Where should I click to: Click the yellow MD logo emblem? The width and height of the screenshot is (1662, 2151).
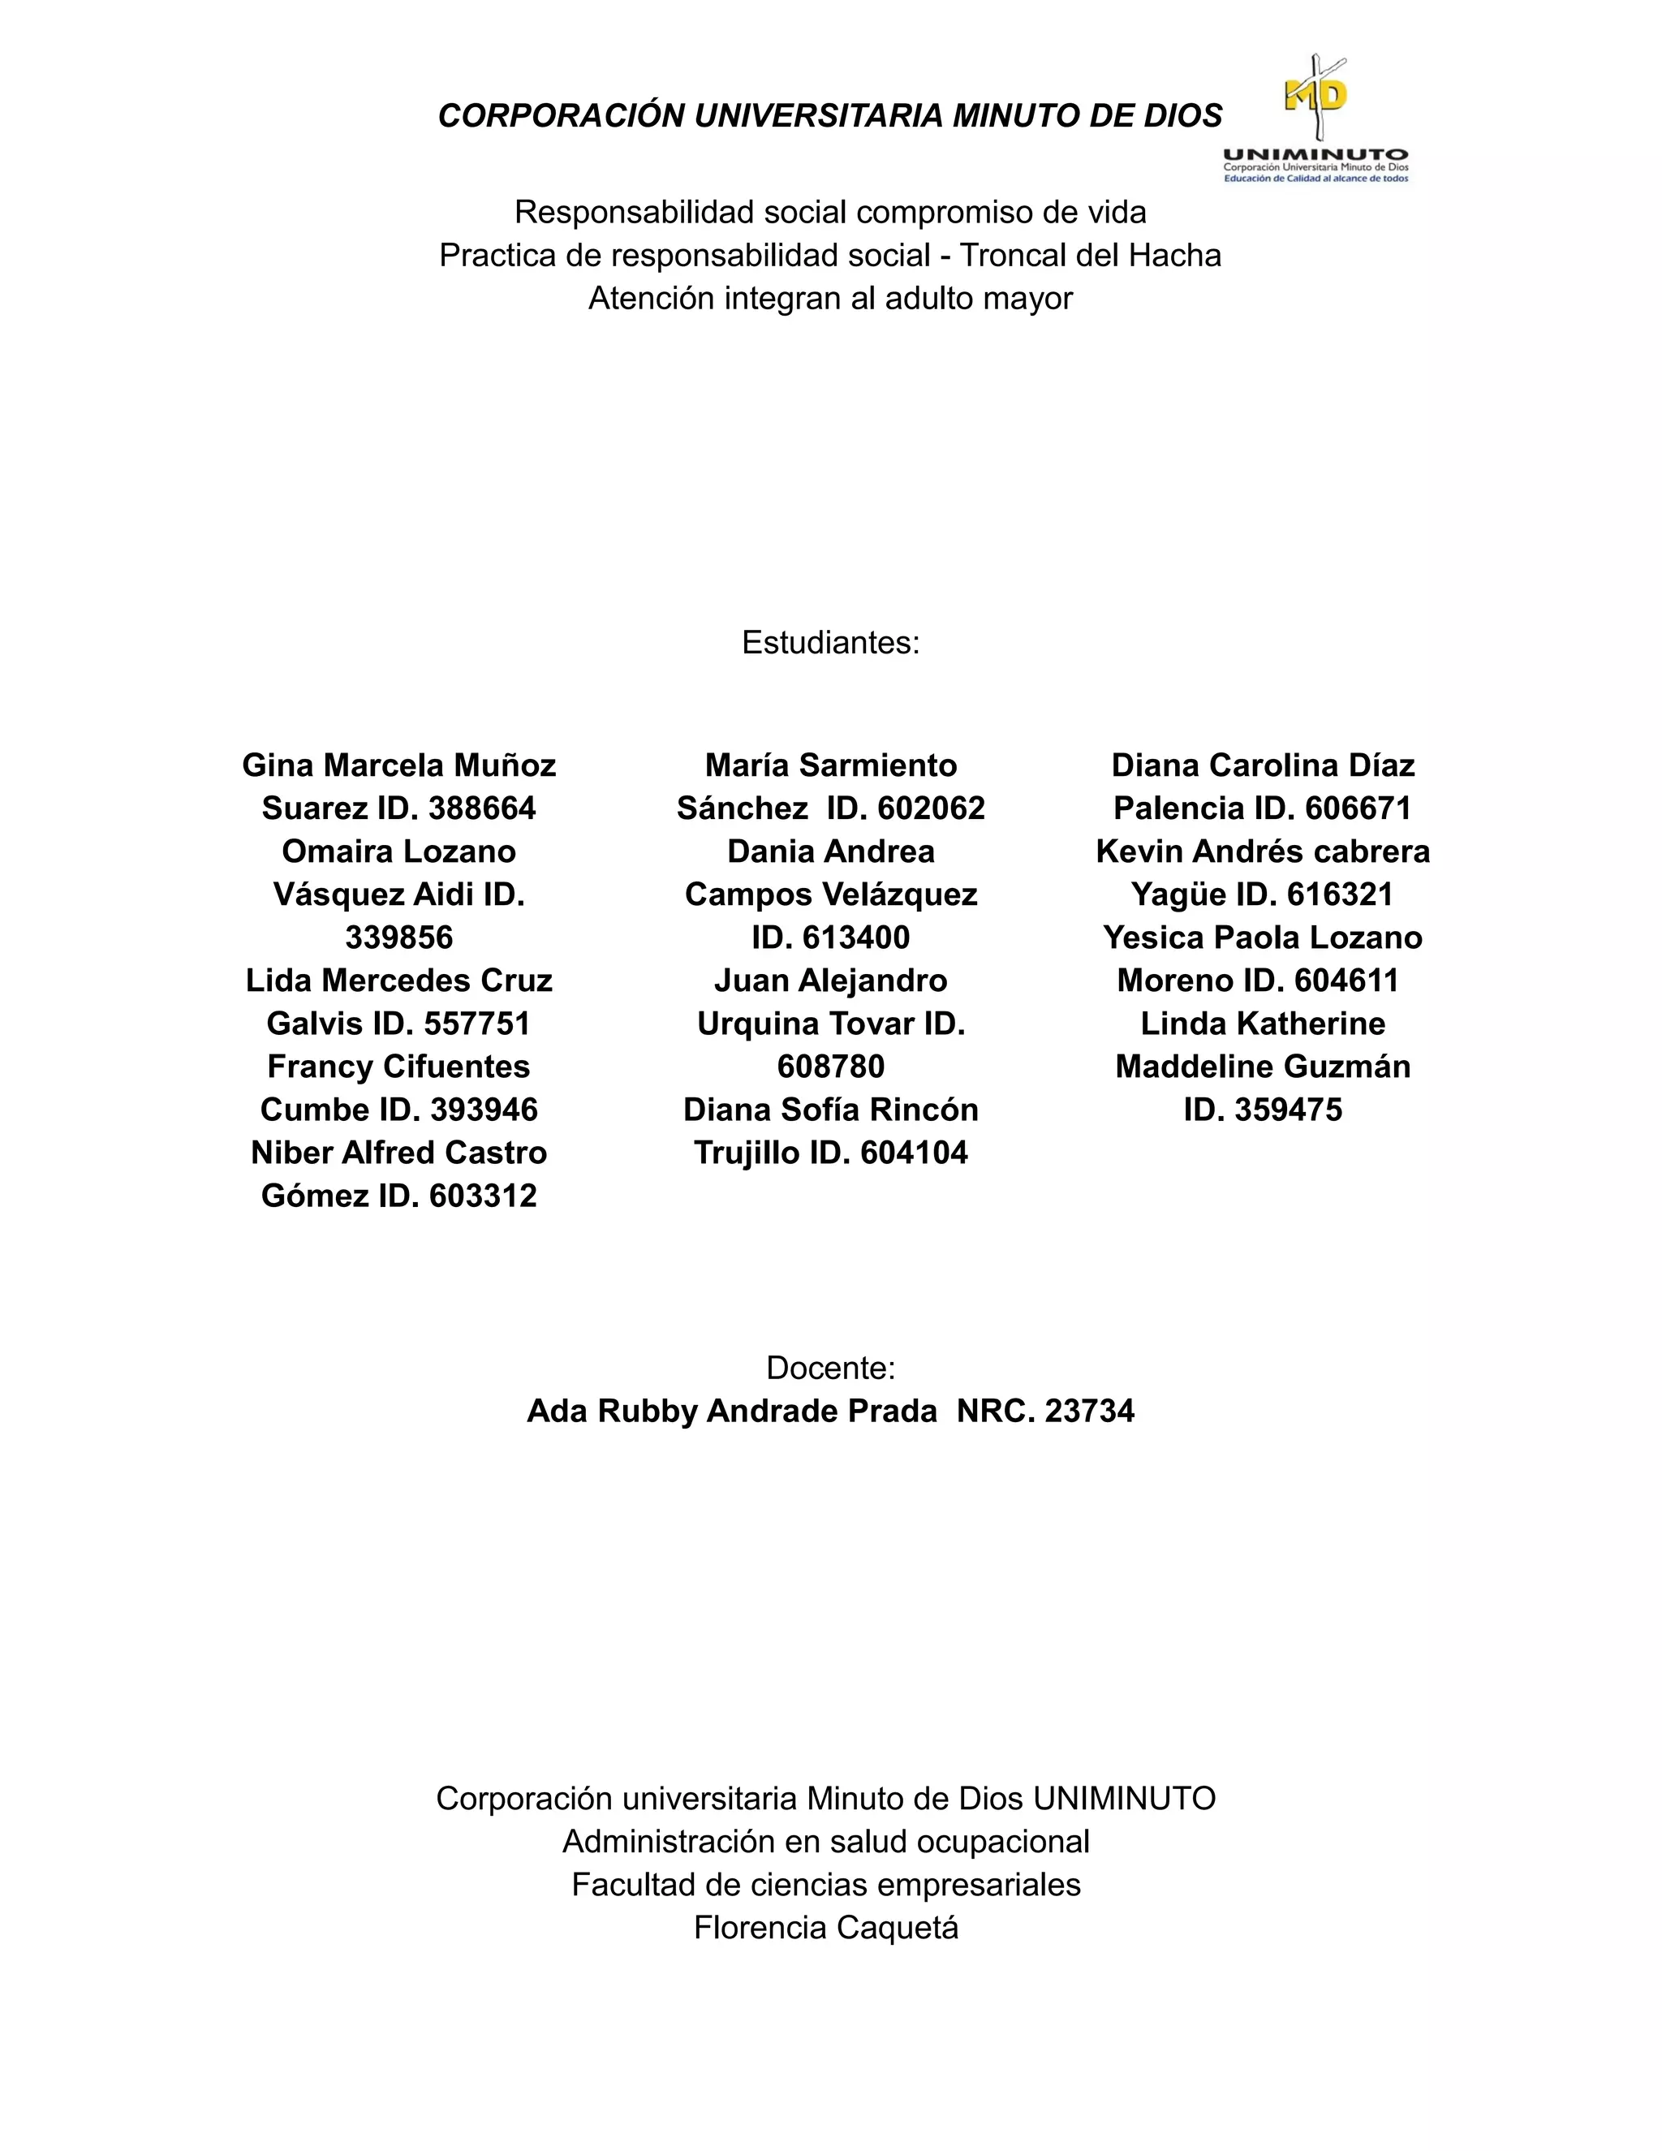tap(1315, 97)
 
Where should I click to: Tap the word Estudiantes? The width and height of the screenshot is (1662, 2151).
tap(830, 643)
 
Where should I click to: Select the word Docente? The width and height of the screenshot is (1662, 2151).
tap(830, 1368)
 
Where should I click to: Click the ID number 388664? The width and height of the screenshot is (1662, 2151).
tap(483, 808)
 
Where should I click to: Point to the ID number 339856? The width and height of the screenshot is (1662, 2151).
tap(398, 938)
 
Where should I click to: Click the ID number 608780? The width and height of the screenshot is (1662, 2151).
tap(830, 1067)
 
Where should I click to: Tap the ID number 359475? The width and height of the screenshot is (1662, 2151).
tap(1288, 1110)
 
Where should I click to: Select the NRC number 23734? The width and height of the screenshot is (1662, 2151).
tap(1089, 1412)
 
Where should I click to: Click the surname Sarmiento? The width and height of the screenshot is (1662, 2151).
tap(878, 765)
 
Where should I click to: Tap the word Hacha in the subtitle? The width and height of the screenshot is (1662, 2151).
tap(1174, 256)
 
